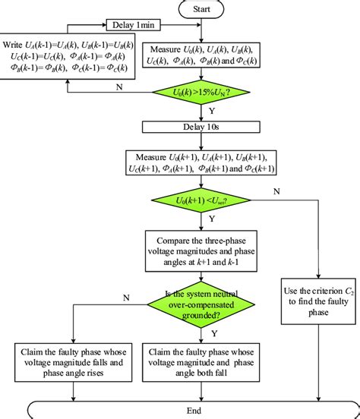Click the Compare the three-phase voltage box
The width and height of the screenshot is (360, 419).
point(201,250)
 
